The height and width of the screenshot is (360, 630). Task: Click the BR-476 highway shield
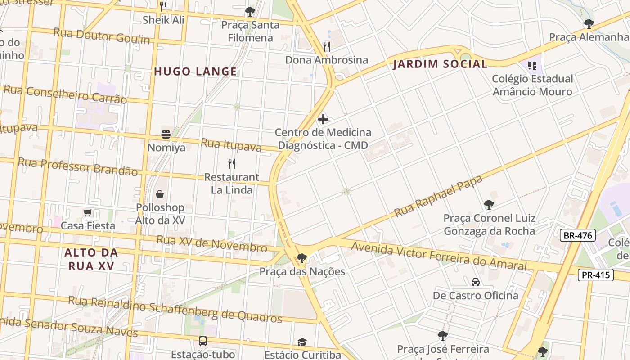click(x=578, y=235)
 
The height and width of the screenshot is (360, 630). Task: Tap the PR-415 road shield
click(x=595, y=274)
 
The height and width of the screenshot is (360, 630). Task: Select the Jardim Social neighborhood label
click(x=440, y=64)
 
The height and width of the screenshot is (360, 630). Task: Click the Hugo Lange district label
click(x=195, y=71)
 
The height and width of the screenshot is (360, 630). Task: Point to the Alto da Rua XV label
click(x=91, y=259)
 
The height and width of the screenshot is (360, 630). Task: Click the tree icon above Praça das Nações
click(x=301, y=258)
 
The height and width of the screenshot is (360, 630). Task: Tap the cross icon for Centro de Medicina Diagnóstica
click(x=323, y=119)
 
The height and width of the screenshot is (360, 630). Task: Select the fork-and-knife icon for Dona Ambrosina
click(x=327, y=46)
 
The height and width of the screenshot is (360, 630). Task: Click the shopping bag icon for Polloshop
click(x=160, y=194)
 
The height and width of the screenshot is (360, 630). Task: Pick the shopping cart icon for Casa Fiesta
click(x=88, y=212)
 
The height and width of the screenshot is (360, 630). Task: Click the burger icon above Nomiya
click(x=166, y=134)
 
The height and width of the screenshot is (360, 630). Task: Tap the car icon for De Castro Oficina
click(x=475, y=282)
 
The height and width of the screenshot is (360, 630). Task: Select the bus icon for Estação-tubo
click(x=203, y=341)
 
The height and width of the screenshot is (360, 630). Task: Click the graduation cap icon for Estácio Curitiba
click(x=302, y=342)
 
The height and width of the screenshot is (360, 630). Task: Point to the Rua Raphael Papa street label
click(x=438, y=196)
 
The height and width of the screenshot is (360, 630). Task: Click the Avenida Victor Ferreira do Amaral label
click(x=438, y=256)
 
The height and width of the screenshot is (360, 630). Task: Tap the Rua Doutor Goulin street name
click(x=102, y=36)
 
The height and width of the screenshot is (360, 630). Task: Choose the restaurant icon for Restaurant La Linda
click(x=232, y=163)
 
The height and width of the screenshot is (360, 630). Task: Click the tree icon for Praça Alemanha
click(x=588, y=24)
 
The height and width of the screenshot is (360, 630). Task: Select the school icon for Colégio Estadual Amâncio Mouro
click(x=532, y=66)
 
